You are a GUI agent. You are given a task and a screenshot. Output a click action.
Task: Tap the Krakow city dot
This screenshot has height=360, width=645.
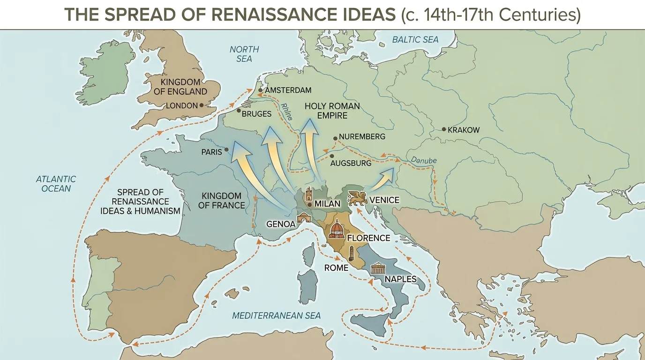(x=444, y=129)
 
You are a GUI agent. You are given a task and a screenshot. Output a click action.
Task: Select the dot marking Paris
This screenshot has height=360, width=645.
(x=227, y=150)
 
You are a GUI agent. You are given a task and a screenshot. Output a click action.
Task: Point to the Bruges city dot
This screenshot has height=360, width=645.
(x=239, y=111)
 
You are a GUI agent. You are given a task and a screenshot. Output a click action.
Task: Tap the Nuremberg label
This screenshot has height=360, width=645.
(x=362, y=137)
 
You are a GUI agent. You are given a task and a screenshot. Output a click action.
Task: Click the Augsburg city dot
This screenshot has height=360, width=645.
(x=332, y=156)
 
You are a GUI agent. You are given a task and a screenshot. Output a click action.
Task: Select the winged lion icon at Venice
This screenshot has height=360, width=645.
(x=357, y=199)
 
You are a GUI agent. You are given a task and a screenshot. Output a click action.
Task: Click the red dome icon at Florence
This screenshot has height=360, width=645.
(x=337, y=229)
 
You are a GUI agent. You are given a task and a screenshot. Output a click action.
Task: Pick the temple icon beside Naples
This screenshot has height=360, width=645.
(x=378, y=270)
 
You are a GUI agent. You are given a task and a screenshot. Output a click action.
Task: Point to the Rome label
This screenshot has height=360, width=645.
(x=336, y=268)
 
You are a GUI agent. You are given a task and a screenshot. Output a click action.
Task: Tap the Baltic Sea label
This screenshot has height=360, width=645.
(x=415, y=39)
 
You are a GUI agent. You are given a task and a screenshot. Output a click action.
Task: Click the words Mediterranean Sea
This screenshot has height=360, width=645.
(x=277, y=315)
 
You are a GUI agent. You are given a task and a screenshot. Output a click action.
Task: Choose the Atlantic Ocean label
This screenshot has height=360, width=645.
(x=56, y=184)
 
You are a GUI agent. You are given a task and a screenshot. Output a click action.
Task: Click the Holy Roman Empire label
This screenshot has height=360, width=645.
(x=332, y=111)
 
